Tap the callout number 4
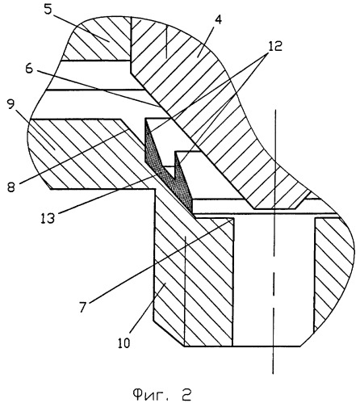click(219, 19)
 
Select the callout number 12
click(274, 46)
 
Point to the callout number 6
click(28, 69)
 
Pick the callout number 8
click(11, 187)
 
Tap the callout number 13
click(48, 217)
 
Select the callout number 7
click(83, 307)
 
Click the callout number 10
click(124, 342)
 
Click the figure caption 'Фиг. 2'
click(161, 395)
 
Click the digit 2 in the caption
click(185, 395)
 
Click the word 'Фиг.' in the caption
click(151, 395)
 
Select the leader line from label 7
click(161, 261)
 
